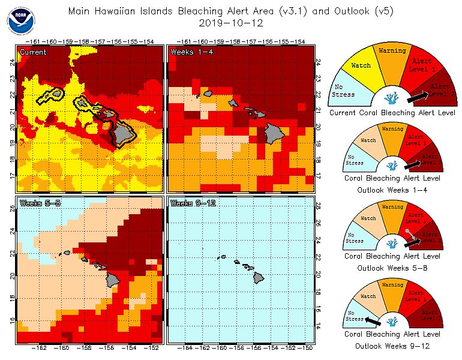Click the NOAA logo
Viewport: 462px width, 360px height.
point(21,22)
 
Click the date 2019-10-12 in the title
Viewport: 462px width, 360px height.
point(231,23)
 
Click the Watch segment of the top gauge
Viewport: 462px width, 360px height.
point(361,66)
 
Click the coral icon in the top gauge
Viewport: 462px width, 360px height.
point(392,96)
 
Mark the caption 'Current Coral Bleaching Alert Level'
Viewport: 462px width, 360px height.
point(392,112)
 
